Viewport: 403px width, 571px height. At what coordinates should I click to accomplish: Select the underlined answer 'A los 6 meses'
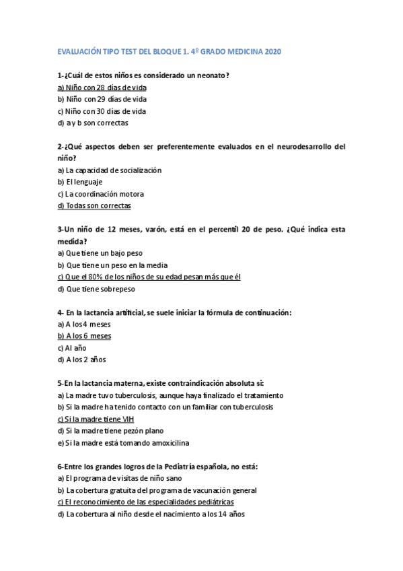(x=85, y=336)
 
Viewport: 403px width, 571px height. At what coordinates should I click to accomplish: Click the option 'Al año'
(x=73, y=348)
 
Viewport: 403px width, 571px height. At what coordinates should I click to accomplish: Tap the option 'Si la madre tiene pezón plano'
(x=110, y=431)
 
